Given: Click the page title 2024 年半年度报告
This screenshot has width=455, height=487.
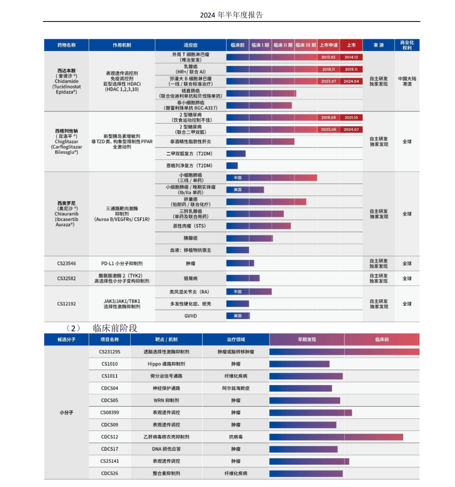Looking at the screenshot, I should coord(231,15).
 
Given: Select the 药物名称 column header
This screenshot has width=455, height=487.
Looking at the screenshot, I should coord(66,45).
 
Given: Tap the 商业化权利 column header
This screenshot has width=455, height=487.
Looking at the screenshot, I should coord(407,45).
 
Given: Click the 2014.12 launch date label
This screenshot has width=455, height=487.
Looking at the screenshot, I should coord(351,57).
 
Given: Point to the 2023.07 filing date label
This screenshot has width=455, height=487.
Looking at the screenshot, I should coord(329,81).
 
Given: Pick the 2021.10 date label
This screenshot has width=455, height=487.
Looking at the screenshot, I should coord(351,118).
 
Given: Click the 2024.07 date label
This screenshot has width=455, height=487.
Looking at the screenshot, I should coord(351,130).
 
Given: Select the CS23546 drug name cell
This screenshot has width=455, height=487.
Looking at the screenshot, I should coord(67,264).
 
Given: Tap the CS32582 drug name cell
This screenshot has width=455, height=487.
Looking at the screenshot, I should coord(67,278).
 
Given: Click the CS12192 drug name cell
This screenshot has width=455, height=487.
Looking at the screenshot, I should coord(67,304).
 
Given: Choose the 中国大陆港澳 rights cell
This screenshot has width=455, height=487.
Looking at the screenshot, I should coord(407,81).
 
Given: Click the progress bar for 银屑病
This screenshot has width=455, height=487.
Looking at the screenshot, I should coord(243,278).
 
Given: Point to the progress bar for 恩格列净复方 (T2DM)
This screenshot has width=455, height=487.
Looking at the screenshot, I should coord(232,166).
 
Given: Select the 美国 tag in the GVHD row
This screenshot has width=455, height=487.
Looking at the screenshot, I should coord(238,316).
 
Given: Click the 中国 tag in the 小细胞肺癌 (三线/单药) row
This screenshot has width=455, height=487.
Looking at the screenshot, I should coord(238,178).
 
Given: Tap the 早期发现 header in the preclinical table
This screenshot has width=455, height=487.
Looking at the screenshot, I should coord(307,340).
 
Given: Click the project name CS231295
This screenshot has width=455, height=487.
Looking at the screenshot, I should coord(110,352).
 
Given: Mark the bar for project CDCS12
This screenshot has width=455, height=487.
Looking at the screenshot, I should coord(336,437).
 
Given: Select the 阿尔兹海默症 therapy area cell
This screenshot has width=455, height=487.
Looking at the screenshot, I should coord(236,388).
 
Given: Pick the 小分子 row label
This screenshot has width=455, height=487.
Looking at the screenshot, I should coord(66,412).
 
